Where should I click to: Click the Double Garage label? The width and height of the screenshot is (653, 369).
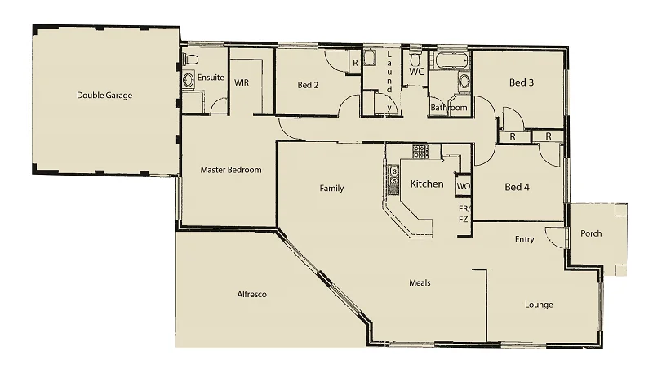[x=104, y=96]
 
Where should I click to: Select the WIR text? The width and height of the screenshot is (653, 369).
[x=242, y=82]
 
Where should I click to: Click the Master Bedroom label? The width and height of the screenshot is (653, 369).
[x=231, y=170]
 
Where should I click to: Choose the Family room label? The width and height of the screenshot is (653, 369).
[x=331, y=189]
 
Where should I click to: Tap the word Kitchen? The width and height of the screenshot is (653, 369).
[x=427, y=184]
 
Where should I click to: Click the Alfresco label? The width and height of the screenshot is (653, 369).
[x=252, y=294]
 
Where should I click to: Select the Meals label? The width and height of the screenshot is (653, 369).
[x=420, y=283]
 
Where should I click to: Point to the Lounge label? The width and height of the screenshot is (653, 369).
[x=539, y=305]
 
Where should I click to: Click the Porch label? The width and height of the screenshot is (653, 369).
[x=590, y=233]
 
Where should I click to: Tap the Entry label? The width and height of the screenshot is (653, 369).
[x=525, y=240]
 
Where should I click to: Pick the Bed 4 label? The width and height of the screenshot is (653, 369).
[x=518, y=187]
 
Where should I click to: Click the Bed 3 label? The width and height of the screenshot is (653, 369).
[x=522, y=82]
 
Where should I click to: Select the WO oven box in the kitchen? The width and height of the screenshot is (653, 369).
[x=463, y=186]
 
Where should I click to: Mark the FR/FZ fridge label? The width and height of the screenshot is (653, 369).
[x=463, y=214]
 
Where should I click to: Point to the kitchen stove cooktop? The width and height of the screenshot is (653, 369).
[x=420, y=151]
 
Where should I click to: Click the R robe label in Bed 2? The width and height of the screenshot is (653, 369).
[x=355, y=63]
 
